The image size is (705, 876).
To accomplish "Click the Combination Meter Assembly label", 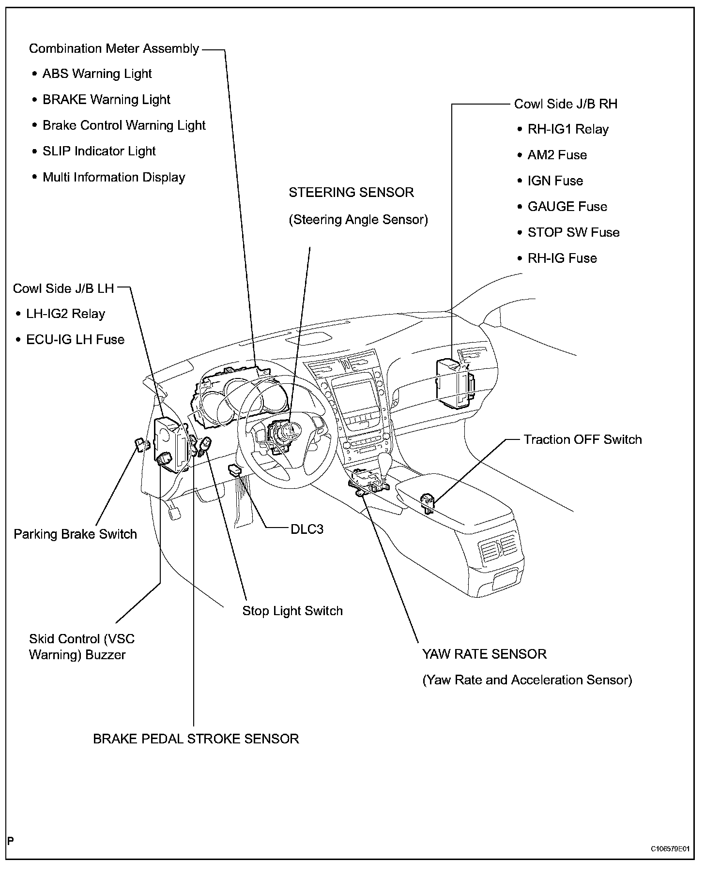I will (114, 49).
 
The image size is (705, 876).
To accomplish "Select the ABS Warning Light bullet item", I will (97, 74).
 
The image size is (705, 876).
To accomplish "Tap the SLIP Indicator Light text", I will (99, 151).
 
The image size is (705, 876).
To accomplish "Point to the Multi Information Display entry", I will (114, 177).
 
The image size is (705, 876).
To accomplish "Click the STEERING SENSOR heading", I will (351, 193).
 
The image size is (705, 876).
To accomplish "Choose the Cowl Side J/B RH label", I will (565, 104).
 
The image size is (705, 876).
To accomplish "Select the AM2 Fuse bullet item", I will (557, 155).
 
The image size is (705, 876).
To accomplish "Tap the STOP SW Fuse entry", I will (573, 232).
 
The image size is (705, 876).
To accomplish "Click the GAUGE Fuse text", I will (567, 207).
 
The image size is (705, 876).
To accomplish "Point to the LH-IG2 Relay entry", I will (65, 314).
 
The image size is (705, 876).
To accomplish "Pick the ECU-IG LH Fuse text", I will (75, 339).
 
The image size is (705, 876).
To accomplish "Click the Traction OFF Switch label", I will (582, 439).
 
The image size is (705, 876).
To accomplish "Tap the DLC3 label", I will (307, 529).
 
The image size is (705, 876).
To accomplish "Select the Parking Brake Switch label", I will (75, 534).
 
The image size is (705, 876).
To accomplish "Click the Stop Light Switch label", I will (292, 611).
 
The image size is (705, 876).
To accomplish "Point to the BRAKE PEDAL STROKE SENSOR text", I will (196, 739).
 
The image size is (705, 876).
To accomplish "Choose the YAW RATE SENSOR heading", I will (484, 654).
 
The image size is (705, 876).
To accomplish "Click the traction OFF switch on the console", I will (427, 502).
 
